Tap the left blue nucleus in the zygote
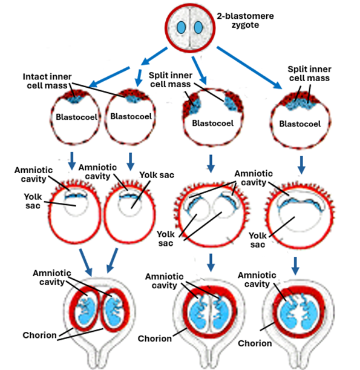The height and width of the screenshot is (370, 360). click(x=183, y=28)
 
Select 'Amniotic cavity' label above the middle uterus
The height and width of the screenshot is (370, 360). click(x=162, y=282)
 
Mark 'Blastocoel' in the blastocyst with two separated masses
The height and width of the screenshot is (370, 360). click(x=210, y=122)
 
